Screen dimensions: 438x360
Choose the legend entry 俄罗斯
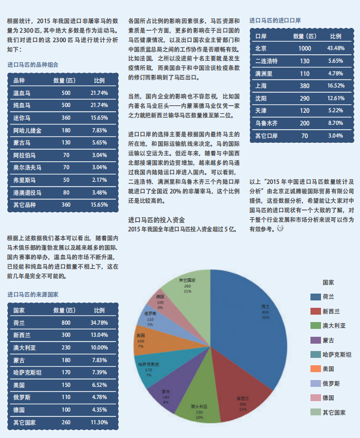coord(331,383)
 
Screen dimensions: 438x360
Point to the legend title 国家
coord(328,283)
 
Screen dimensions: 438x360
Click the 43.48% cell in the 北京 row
coord(336,48)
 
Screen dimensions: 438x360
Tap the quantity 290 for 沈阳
coord(305,98)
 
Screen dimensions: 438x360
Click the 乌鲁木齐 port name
coord(266,123)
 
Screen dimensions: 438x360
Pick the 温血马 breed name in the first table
coord(22,93)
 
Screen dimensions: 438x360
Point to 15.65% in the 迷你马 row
coord(99,118)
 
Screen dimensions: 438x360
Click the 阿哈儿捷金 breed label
coord(27,130)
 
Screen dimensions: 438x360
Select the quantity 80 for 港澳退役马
coord(66,192)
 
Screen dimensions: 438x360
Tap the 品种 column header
coord(19,80)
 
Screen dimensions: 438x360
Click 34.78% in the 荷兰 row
coord(99,323)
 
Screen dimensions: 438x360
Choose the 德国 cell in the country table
coord(19,410)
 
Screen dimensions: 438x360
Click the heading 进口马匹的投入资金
coord(156,219)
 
